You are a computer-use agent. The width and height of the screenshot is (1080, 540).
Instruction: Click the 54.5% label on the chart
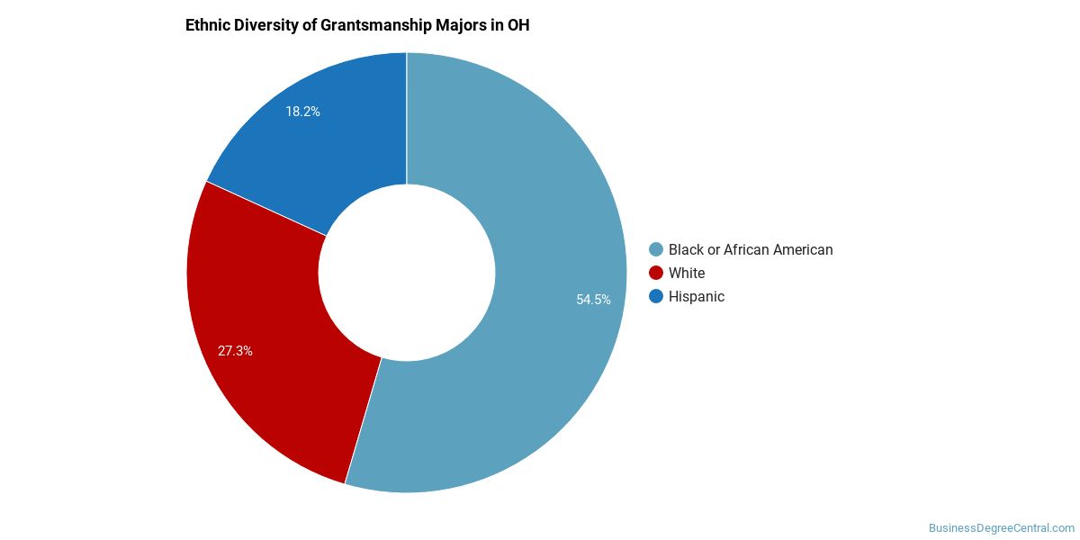coord(593,300)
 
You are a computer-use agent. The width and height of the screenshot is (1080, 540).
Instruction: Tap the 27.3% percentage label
coord(235,351)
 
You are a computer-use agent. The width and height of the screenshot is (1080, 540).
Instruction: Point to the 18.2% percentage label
coord(302,112)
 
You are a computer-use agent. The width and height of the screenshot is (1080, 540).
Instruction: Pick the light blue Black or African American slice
coord(540,225)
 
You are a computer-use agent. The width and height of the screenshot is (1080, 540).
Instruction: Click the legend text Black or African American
coord(751,249)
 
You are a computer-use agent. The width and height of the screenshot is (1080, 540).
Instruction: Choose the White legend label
coord(687,273)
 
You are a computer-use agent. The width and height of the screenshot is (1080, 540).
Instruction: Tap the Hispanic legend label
coord(696,296)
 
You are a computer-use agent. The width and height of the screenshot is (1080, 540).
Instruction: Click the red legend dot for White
coord(656,273)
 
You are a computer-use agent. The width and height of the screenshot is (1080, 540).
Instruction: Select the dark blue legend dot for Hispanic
coord(656,296)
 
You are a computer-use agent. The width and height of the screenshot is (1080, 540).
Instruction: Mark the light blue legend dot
coord(656,249)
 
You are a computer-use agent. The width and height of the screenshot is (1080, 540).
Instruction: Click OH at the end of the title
coord(518,25)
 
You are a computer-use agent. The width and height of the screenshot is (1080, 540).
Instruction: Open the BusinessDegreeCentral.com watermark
coord(1001,528)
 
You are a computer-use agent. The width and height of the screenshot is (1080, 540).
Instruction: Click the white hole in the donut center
coord(407,273)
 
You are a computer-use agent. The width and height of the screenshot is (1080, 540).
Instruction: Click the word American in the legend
coord(801,249)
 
